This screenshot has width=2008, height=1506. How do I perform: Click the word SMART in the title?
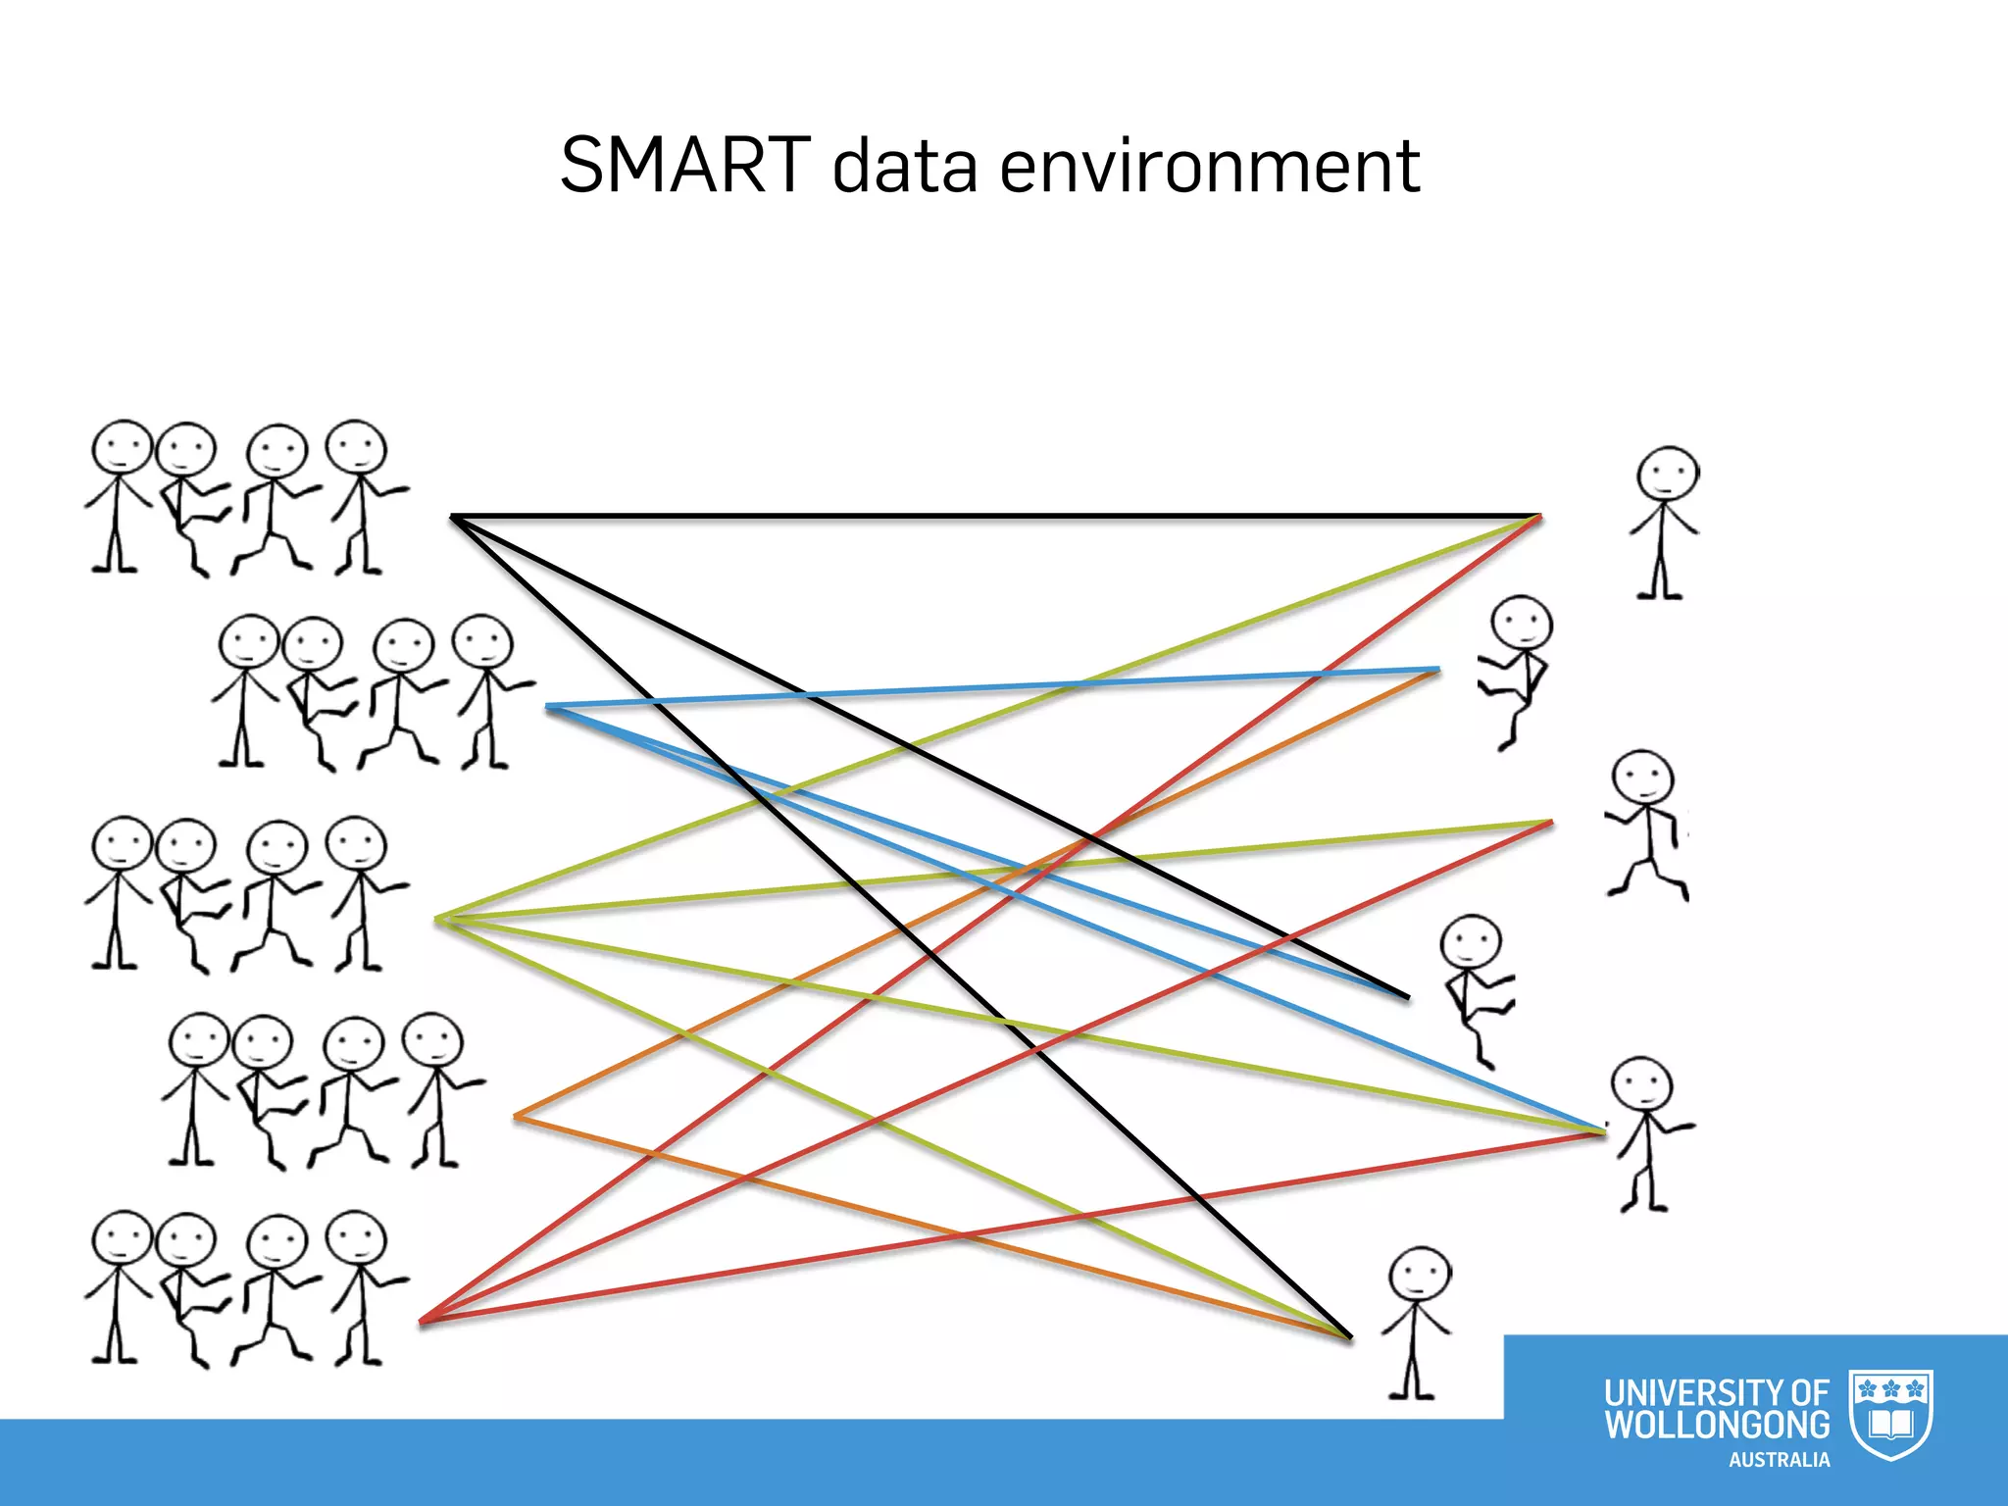coord(685,165)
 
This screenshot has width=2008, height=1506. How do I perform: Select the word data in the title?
coord(904,165)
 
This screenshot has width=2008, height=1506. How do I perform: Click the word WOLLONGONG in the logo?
coord(1717,1425)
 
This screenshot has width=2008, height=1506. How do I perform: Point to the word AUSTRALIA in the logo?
coord(1779,1460)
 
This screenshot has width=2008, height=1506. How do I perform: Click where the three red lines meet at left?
coord(423,1322)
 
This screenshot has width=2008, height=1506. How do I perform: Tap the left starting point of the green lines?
coord(438,919)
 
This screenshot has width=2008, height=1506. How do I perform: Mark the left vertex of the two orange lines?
coord(517,1116)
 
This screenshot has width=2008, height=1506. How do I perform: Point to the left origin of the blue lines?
coord(548,707)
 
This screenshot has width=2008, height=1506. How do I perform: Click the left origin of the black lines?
coord(452,516)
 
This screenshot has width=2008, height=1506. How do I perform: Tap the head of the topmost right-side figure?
coord(1666,477)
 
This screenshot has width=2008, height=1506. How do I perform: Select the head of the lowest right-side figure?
coord(1420,1277)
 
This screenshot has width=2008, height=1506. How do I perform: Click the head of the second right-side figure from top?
coord(1521,624)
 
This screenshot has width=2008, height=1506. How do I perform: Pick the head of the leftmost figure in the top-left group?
coord(122,449)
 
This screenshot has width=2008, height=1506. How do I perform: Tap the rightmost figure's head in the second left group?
coord(481,643)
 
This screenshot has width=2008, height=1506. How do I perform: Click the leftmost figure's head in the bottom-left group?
coord(122,1241)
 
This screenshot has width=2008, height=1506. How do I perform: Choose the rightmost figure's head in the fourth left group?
coord(432,1041)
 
